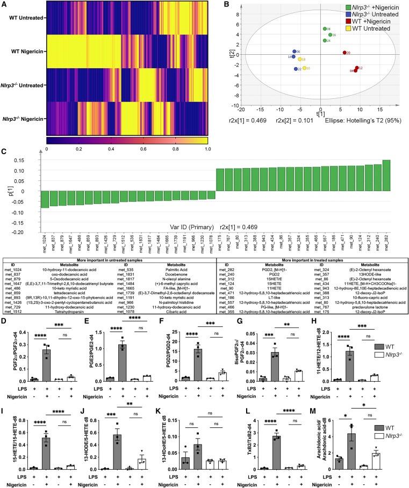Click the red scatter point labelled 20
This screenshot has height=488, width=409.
(345, 53)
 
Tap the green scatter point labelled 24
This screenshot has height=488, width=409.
(325, 41)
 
